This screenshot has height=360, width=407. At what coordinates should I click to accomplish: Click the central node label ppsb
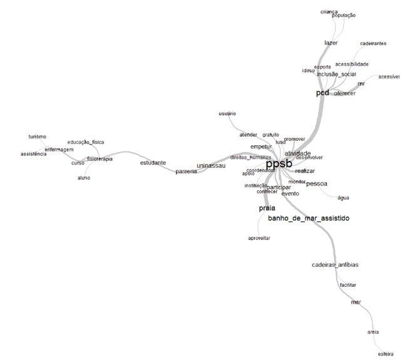point(279,163)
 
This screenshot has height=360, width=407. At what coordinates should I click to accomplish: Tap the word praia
point(267,208)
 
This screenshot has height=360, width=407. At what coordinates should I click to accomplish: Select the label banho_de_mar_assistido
point(309,219)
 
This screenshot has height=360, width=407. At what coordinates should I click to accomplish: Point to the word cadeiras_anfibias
point(335,265)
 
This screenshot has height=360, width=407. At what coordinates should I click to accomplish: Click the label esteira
point(386,354)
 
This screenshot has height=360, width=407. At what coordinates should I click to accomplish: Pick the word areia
point(373,332)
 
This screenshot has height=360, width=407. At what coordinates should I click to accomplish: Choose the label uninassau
point(210,166)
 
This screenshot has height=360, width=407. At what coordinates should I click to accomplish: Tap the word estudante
point(153,163)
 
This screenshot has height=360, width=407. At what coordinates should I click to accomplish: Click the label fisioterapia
point(100,158)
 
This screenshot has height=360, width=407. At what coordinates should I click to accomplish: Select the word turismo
point(38,136)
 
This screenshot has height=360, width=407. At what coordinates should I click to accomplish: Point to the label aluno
point(84,178)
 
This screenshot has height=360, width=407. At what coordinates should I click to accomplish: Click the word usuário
point(227,113)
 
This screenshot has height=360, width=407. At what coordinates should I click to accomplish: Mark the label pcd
point(322,93)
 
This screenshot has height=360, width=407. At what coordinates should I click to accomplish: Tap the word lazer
point(331,43)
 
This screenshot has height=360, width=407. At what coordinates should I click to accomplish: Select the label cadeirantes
point(373,44)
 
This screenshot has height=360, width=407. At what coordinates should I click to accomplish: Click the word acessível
point(389,77)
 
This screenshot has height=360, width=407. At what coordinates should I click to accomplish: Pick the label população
point(343,16)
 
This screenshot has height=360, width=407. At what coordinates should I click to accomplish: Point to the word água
point(343,198)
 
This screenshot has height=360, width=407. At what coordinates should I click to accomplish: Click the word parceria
point(186,171)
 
